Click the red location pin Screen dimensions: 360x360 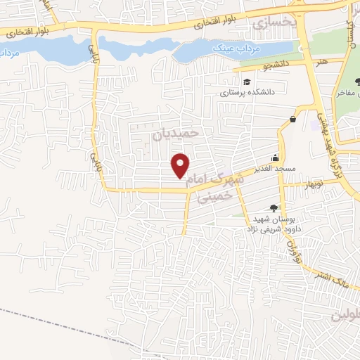pyautogui.click(x=181, y=165)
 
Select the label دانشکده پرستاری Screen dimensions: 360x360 pyautogui.click(x=242, y=91)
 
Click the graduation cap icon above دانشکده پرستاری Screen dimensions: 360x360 pyautogui.click(x=248, y=82)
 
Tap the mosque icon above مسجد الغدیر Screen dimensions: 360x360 pyautogui.click(x=276, y=158)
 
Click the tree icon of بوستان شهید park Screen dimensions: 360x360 pyautogui.click(x=274, y=207)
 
